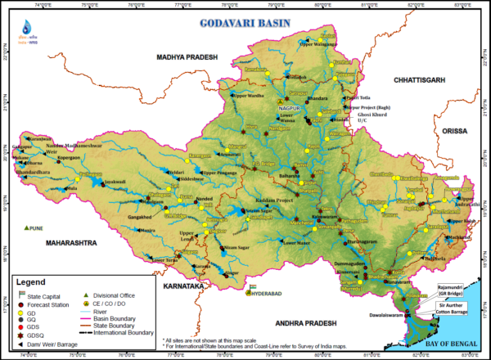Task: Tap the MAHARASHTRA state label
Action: point(56,243)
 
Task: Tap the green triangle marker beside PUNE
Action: point(27,227)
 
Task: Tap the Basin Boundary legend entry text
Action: point(119,319)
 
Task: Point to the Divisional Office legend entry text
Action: point(110,295)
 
